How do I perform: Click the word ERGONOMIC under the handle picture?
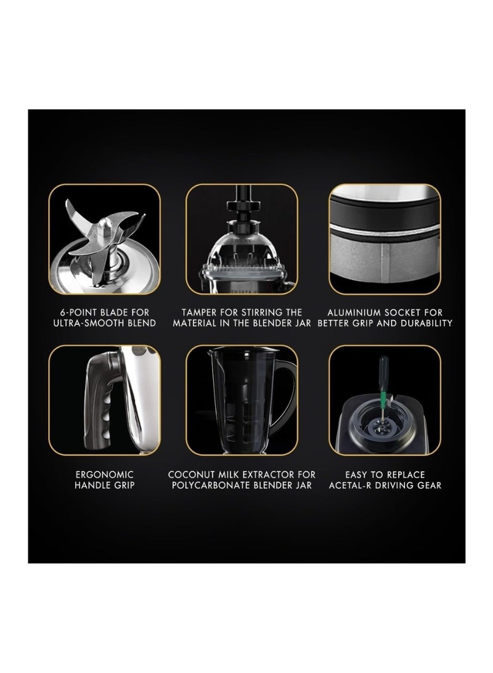[104, 475]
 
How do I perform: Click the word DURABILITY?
[426, 323]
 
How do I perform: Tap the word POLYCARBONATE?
[211, 486]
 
